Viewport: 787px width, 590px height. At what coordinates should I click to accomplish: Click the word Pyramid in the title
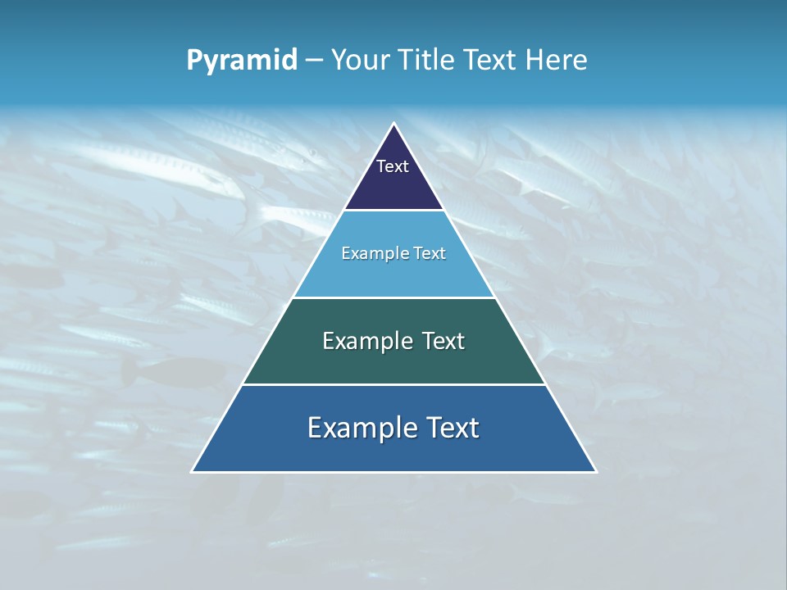coord(242,61)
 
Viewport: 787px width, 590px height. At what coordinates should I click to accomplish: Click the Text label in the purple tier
coord(393,166)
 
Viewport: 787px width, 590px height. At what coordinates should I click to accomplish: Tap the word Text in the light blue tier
coord(428,254)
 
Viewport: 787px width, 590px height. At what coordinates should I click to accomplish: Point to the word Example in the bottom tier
coord(361,428)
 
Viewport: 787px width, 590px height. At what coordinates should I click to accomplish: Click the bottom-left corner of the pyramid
coord(192,472)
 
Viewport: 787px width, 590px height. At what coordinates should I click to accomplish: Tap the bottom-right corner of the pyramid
coord(596,472)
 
